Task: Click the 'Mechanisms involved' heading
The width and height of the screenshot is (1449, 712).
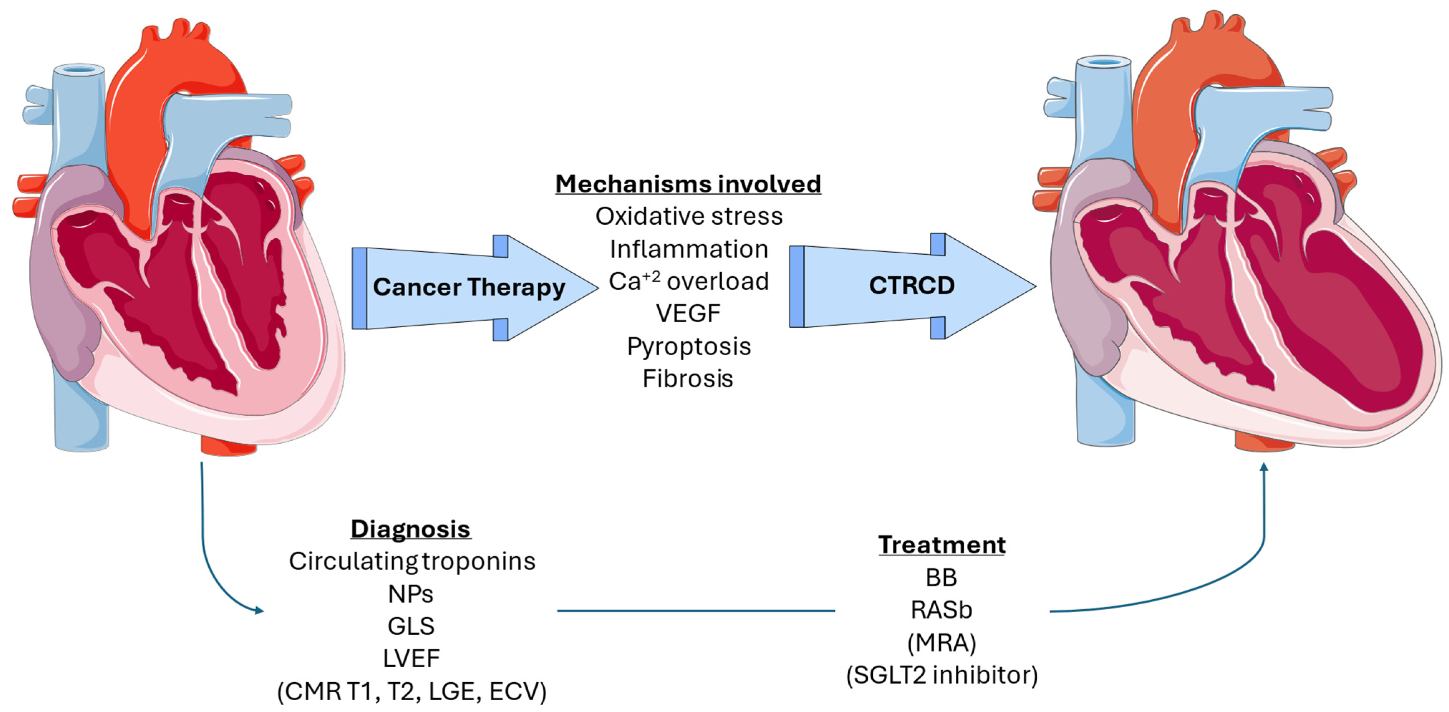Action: click(688, 184)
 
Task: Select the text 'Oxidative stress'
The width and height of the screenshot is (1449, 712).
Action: click(688, 216)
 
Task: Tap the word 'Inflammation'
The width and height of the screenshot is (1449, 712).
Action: click(688, 249)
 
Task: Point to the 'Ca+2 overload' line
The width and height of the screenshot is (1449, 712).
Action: click(688, 281)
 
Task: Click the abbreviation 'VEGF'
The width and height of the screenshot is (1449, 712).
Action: click(688, 314)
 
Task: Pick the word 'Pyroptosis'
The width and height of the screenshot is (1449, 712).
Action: click(688, 346)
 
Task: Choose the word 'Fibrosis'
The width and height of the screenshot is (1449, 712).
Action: click(688, 379)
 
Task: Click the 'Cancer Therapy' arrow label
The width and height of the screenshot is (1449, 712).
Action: click(469, 287)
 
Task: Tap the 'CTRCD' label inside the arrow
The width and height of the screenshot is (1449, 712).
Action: click(911, 286)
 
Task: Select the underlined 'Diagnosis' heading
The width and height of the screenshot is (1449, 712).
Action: click(410, 529)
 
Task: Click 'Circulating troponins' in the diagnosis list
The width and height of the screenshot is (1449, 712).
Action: click(412, 561)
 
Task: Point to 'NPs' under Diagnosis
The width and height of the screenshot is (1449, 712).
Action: click(411, 594)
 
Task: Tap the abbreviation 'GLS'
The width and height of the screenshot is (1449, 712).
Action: click(411, 626)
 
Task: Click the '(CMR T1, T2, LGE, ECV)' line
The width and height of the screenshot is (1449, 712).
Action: click(411, 691)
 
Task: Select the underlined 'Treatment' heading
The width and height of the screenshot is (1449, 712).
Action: click(942, 545)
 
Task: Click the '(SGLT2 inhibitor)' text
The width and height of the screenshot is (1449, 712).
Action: click(942, 675)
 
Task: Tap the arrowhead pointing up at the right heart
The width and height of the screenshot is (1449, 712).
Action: click(1264, 467)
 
